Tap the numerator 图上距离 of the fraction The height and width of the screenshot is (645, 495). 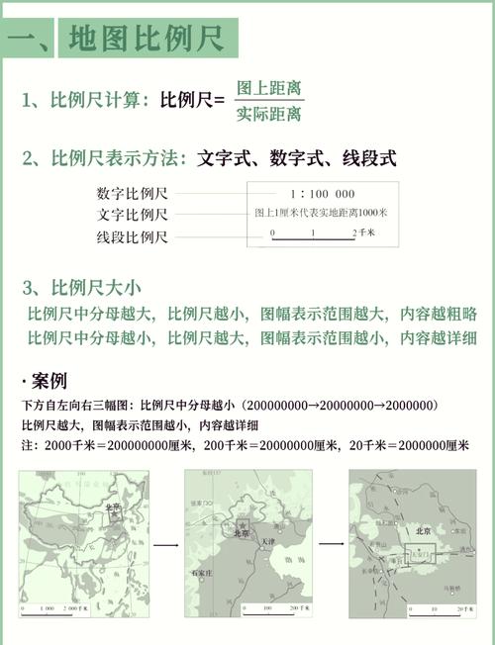pos(269,87)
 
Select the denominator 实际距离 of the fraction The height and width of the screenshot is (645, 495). pos(269,115)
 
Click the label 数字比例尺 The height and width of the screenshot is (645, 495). pos(133,193)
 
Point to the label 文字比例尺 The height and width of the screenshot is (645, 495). pos(133,215)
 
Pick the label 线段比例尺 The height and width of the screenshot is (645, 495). pos(133,237)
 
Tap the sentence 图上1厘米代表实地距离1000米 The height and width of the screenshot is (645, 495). pos(321,213)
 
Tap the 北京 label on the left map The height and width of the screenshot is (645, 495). pos(113,507)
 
